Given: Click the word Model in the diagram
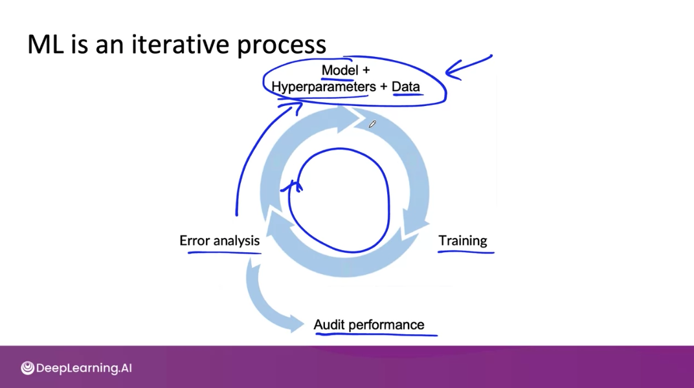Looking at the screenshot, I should [x=340, y=70].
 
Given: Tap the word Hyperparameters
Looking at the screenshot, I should [x=323, y=87].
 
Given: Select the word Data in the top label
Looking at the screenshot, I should [x=406, y=87].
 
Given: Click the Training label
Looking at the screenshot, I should [x=463, y=241].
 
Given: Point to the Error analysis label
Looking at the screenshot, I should [x=219, y=241].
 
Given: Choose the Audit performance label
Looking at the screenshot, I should [x=369, y=325].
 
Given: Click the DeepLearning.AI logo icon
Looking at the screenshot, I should [x=27, y=368].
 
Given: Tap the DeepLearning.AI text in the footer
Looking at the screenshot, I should [x=84, y=369].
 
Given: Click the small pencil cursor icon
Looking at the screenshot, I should [x=372, y=124].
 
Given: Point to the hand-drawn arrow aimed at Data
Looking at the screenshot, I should [x=468, y=67].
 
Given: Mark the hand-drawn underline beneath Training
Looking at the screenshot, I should [x=466, y=252].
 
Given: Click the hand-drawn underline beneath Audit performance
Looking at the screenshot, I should [x=375, y=335].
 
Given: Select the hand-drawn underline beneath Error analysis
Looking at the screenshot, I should [x=223, y=252].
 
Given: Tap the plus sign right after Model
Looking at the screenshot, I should [x=366, y=70].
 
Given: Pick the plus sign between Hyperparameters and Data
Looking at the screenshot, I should [x=384, y=87].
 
